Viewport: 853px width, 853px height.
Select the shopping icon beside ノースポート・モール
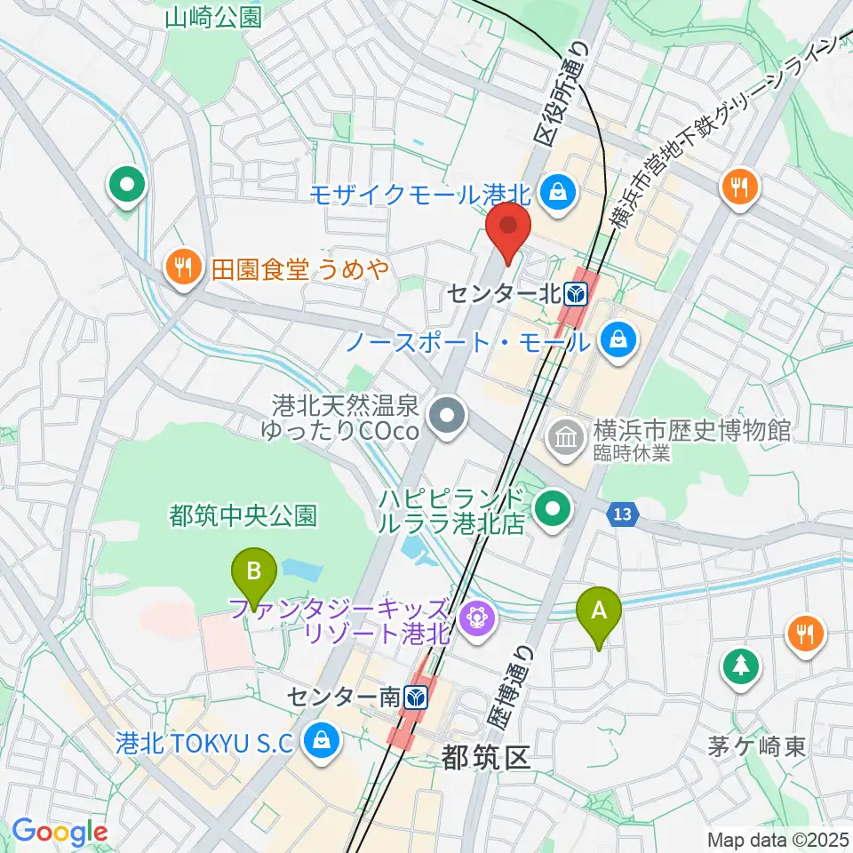coord(615,339)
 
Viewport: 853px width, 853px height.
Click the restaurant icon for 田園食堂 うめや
coord(183,266)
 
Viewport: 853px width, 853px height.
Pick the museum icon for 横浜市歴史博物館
coord(564,434)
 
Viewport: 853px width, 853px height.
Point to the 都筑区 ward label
coord(485,758)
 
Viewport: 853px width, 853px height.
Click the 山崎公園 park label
coord(213,16)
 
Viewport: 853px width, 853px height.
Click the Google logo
coord(59,832)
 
